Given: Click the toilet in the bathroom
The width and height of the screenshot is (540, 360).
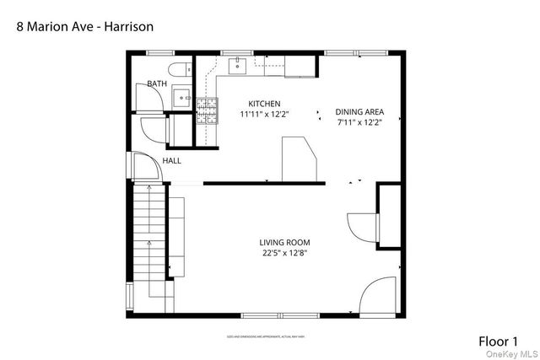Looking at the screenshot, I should click(178, 70).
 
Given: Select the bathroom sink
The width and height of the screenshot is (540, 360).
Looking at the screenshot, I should click(183, 99).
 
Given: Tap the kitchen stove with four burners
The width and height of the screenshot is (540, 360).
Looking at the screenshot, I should click(208, 110).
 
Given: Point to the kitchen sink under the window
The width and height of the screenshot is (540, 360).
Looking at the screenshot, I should click(239, 62).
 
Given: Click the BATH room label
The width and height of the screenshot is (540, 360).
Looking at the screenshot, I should click(157, 83).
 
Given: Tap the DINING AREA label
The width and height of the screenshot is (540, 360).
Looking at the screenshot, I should click(359, 111).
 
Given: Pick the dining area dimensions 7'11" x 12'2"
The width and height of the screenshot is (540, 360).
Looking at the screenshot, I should click(359, 122).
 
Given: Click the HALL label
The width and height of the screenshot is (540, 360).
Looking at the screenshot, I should click(172, 160).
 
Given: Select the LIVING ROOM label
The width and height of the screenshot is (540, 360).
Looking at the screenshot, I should click(284, 243).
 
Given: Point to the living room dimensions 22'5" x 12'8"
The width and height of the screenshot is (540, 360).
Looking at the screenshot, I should click(284, 253).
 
